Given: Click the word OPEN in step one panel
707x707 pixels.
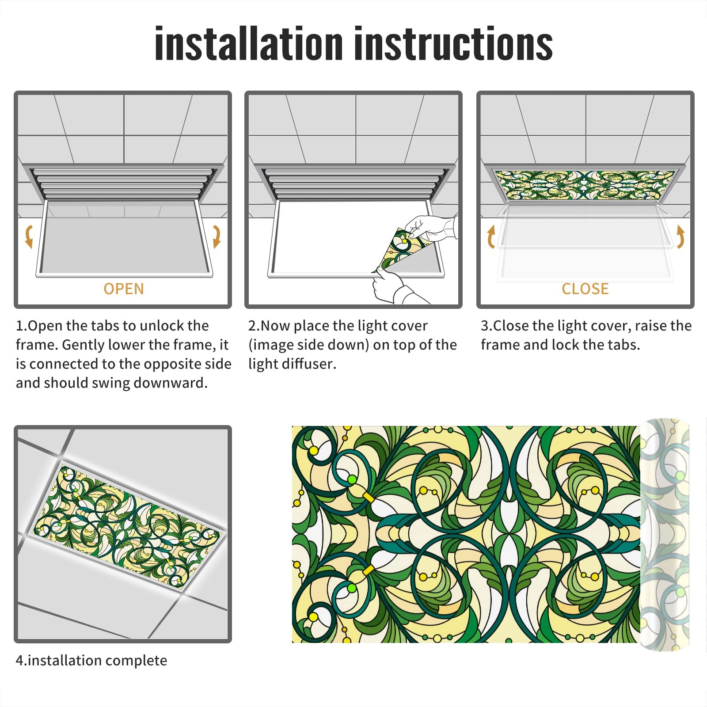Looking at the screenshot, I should (x=124, y=289).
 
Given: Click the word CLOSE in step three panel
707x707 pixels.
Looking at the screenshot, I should (x=585, y=289).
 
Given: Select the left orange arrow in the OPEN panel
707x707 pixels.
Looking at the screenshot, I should (x=29, y=236).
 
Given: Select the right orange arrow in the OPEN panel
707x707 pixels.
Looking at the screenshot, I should (x=217, y=236).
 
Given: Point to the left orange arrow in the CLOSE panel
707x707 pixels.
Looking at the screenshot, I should (x=491, y=237).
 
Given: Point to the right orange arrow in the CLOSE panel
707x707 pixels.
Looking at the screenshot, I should (x=680, y=236).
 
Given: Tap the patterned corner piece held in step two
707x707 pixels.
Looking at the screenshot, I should (x=400, y=250).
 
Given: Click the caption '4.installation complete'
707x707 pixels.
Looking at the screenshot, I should (x=91, y=661).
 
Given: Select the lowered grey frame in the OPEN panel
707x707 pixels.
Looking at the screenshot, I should (x=124, y=241).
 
